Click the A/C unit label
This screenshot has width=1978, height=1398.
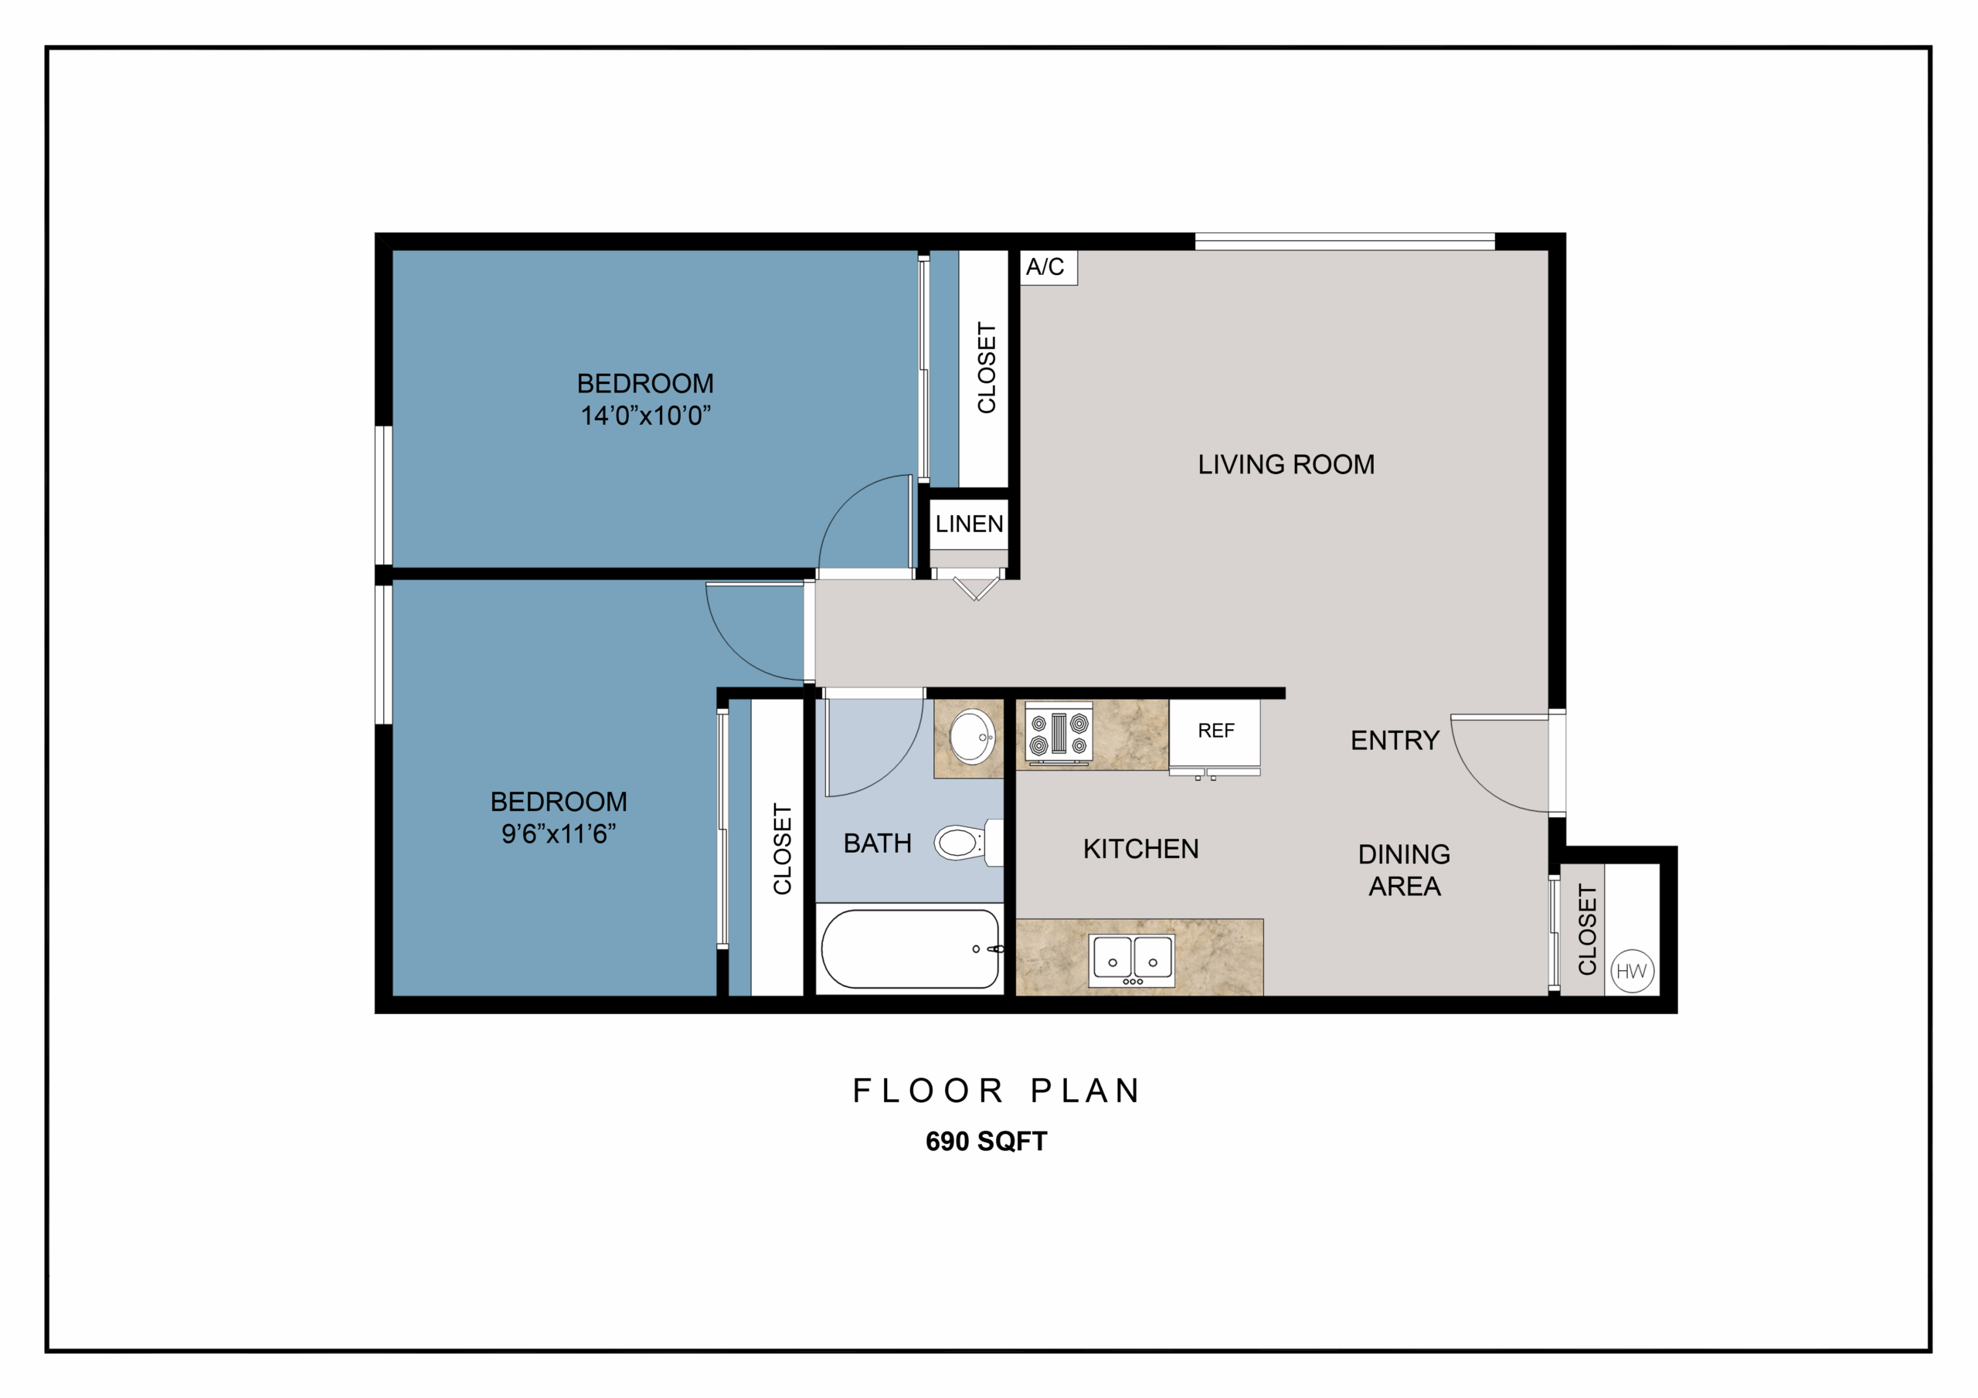[1044, 267]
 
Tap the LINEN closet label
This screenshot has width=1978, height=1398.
[969, 524]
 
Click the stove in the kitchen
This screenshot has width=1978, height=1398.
[1059, 734]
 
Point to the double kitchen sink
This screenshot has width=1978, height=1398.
[1132, 959]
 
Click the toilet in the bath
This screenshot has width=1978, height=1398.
[968, 842]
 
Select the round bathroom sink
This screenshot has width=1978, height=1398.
[973, 737]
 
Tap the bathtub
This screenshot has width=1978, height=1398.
[909, 949]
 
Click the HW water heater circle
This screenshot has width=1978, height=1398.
[1631, 972]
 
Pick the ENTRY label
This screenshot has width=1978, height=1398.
[1395, 741]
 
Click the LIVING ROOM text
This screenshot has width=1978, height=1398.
[1286, 465]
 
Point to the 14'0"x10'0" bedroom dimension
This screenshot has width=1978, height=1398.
[645, 416]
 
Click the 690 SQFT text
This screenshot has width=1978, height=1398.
[987, 1142]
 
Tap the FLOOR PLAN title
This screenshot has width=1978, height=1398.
[996, 1091]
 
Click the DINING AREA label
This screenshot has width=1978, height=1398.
[1404, 870]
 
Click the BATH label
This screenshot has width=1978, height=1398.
[877, 843]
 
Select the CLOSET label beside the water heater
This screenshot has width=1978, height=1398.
[1587, 930]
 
